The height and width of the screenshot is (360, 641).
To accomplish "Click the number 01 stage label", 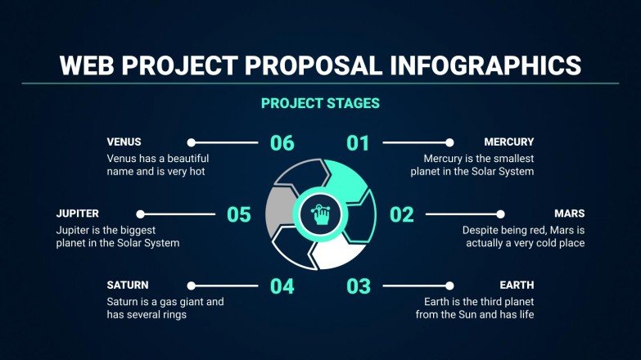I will click(x=358, y=143).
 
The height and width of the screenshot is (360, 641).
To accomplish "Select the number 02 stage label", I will click(x=401, y=215).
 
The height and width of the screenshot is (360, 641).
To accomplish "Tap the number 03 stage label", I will click(x=358, y=286).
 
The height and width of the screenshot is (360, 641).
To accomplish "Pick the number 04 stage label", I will click(x=281, y=286).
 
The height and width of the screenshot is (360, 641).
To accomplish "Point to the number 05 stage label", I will click(x=238, y=215).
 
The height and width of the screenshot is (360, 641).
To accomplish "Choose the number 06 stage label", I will click(x=281, y=143).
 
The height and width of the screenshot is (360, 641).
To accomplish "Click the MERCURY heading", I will click(x=508, y=142).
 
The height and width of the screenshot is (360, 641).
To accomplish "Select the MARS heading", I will click(x=568, y=214).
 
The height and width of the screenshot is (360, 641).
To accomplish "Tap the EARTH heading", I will click(x=517, y=285).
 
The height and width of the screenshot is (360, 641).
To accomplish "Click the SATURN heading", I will click(x=128, y=285).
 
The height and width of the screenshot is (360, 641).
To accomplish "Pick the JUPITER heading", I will click(x=78, y=214).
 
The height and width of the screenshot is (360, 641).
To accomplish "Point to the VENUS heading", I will click(x=124, y=142).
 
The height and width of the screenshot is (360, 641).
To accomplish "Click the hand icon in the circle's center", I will click(x=320, y=215).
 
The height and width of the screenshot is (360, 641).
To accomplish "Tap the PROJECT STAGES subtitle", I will click(x=320, y=104).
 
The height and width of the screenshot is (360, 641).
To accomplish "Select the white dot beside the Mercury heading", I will click(x=449, y=142).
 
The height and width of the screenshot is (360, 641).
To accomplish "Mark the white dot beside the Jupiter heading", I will click(x=140, y=214).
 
